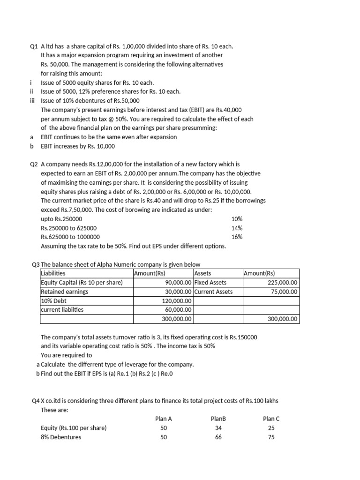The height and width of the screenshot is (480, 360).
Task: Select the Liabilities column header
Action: [x=53, y=273]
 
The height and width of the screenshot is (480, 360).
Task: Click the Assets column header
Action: [x=202, y=273]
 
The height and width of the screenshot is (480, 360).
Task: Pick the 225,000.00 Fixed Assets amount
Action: [x=282, y=283]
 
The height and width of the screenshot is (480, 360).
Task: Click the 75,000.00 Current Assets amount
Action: [x=284, y=292]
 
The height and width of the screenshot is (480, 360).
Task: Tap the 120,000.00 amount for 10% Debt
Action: [x=177, y=300]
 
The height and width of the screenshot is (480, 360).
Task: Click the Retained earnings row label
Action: [x=65, y=292]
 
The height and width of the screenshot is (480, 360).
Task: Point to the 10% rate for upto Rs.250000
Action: [x=237, y=219]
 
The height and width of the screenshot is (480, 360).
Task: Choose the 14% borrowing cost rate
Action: [x=237, y=228]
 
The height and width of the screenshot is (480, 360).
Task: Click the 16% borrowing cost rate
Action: [x=237, y=237]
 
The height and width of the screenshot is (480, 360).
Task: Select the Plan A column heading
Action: [x=163, y=419]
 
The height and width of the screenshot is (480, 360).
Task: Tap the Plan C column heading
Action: [x=271, y=419]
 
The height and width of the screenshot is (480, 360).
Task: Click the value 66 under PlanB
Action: [x=218, y=437]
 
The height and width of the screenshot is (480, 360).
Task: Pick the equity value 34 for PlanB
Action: [x=218, y=428]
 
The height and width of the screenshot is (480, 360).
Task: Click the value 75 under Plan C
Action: [x=271, y=437]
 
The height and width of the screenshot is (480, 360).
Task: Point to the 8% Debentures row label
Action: [x=61, y=437]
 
